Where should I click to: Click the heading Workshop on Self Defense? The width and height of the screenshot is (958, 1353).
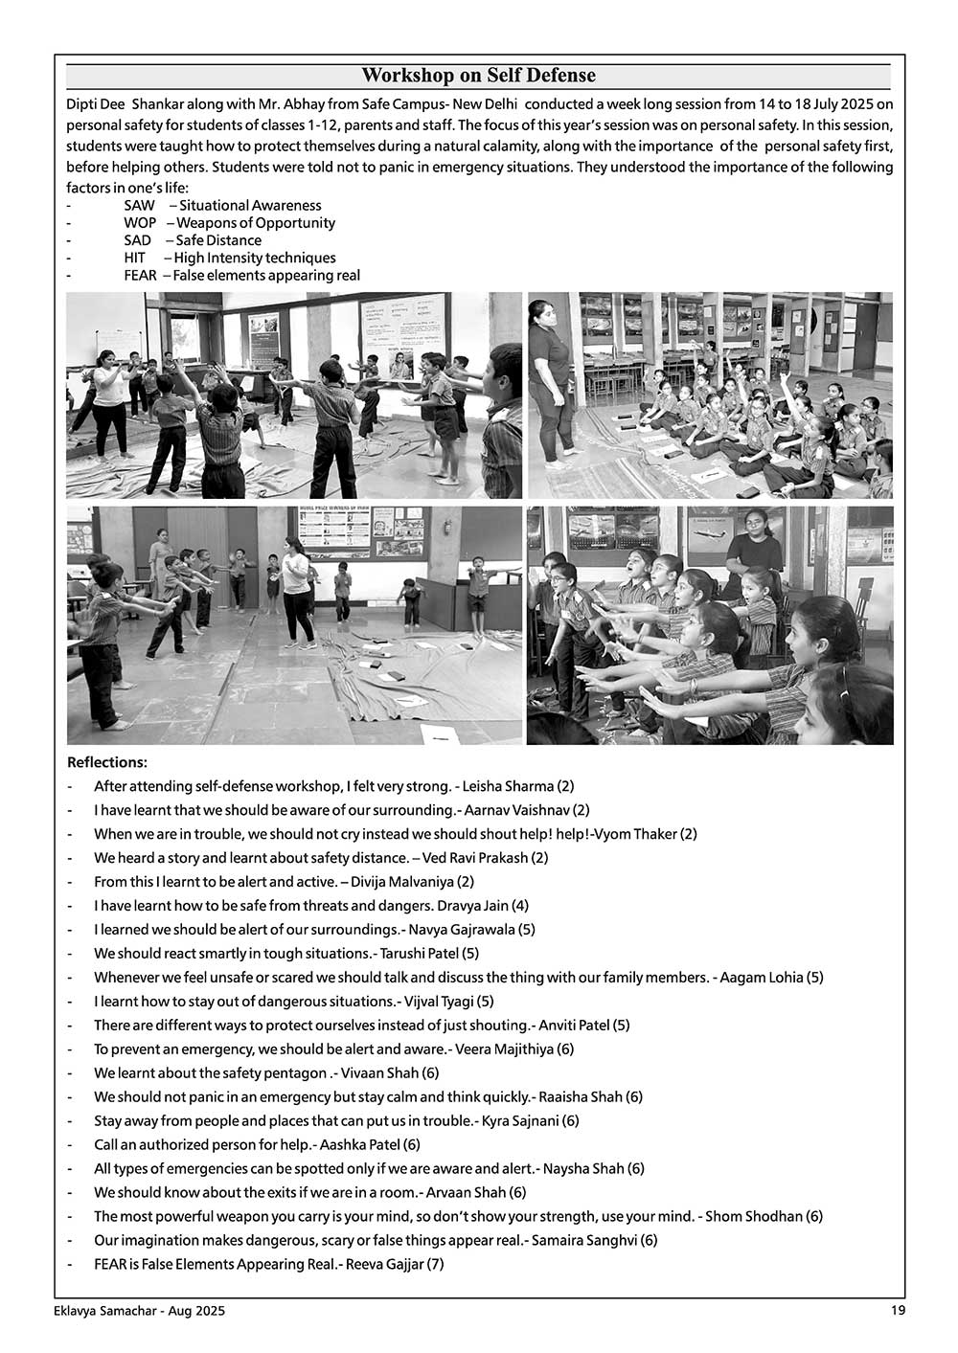478,76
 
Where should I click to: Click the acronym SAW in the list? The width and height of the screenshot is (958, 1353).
139,206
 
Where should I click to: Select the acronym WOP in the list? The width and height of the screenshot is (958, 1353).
140,223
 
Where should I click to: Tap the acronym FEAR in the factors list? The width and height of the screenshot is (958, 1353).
141,276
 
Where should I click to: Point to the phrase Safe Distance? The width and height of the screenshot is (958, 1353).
218,240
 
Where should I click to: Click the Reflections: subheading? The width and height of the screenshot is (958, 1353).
107,763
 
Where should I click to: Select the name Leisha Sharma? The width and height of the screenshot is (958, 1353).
508,787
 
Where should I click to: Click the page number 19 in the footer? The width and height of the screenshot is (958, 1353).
897,1311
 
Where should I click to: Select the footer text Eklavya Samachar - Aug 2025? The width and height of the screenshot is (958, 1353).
139,1312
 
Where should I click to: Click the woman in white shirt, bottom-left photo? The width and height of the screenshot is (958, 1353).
298,594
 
